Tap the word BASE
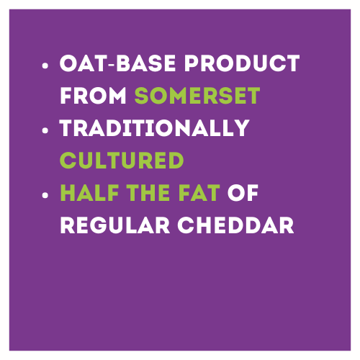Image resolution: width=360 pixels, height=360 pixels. pyautogui.click(x=146, y=63)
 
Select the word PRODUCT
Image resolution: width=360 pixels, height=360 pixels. pyautogui.click(x=242, y=63)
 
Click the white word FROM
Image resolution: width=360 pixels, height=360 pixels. pyautogui.click(x=93, y=96)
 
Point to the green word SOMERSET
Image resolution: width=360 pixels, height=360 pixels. pyautogui.click(x=197, y=96)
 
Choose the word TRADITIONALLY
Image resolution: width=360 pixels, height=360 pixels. pyautogui.click(x=155, y=128)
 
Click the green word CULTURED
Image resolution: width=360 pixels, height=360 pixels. pyautogui.click(x=122, y=160)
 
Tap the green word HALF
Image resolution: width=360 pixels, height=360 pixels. pyautogui.click(x=89, y=192)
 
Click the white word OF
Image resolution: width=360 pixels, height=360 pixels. pyautogui.click(x=243, y=192)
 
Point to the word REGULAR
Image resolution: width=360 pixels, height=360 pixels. pyautogui.click(x=115, y=225)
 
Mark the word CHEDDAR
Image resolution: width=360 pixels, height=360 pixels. pyautogui.click(x=235, y=225)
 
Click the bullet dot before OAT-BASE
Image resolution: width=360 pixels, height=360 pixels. pyautogui.click(x=45, y=66)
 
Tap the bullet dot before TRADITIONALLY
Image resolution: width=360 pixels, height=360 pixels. pyautogui.click(x=45, y=130)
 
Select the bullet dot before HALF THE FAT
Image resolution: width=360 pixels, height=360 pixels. pyautogui.click(x=45, y=195)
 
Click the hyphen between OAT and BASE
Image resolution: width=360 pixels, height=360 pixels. pyautogui.click(x=112, y=65)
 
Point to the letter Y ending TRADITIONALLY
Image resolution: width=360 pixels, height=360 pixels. pyautogui.click(x=240, y=128)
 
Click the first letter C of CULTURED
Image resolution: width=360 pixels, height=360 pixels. pyautogui.click(x=68, y=160)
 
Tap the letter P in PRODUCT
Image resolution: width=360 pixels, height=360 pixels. pyautogui.click(x=192, y=63)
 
